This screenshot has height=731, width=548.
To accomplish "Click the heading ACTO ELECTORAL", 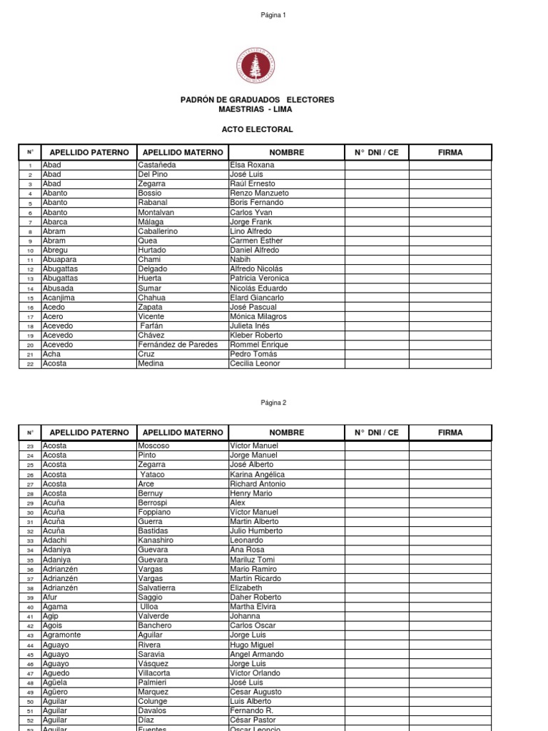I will point(256,129).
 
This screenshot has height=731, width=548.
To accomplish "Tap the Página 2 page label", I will point(273,402).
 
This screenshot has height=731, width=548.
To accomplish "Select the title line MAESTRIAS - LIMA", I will point(256,109).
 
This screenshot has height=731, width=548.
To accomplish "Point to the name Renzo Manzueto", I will point(259,193).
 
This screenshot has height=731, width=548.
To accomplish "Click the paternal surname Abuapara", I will point(61,260).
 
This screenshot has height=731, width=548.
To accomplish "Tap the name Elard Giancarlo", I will point(257,298).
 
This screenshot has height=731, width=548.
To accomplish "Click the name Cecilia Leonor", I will point(255,363).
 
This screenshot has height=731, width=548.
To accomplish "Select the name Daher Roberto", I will point(255,597).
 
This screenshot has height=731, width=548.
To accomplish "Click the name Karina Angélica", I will point(257,474).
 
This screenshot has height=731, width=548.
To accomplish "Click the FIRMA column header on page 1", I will point(450,152).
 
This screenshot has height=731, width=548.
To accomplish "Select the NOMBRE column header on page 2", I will point(286,433).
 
